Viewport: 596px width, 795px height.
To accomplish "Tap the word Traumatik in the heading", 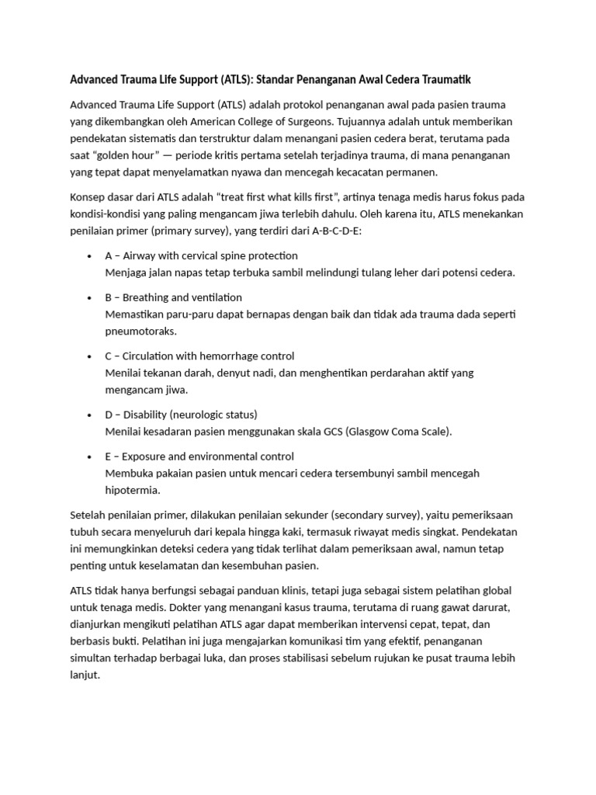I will (442, 80).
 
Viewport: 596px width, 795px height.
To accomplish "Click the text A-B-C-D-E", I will (345, 231).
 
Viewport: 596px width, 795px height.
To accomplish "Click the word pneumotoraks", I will (140, 331).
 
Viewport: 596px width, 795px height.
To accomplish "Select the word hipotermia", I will (133, 490).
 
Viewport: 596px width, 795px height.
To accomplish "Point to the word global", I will (494, 591).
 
